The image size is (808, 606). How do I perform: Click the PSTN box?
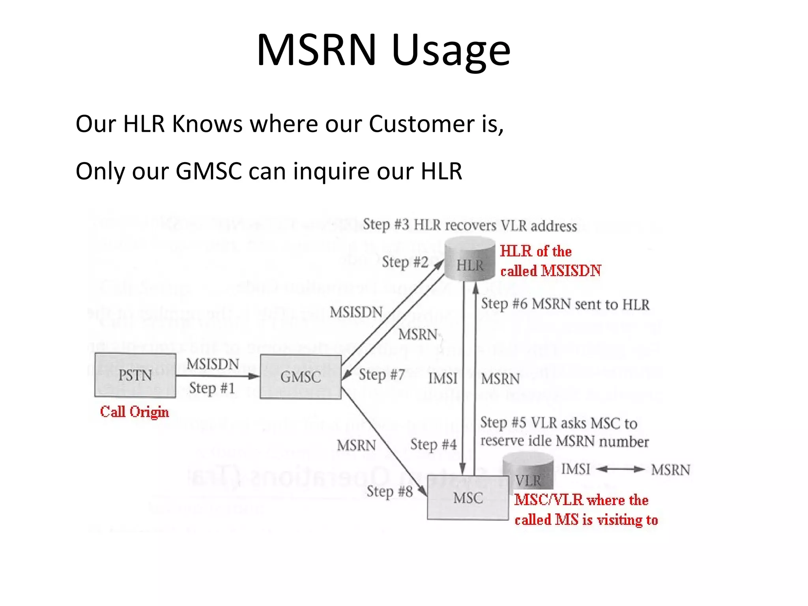tap(135, 375)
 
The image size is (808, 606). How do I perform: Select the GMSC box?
tap(301, 377)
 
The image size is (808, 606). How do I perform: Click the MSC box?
tap(468, 498)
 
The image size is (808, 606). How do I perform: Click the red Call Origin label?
tap(134, 412)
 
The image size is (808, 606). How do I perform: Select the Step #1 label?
tap(212, 388)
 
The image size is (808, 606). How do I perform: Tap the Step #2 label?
tap(405, 262)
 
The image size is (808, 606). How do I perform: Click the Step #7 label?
tap(382, 374)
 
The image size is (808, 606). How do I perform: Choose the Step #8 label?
tap(389, 492)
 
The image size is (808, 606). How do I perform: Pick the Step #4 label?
tap(433, 445)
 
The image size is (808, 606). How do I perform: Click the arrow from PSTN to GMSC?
tap(217, 376)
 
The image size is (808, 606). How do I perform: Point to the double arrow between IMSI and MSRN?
tap(620, 469)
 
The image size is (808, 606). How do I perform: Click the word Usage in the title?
tap(451, 50)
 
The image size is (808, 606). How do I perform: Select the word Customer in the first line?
tap(421, 124)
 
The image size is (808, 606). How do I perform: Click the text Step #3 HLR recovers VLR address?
tap(469, 225)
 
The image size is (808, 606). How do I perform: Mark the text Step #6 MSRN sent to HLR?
tap(565, 304)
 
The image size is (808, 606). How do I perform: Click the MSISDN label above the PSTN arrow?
tap(213, 364)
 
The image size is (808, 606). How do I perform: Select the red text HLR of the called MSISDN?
tap(550, 261)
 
